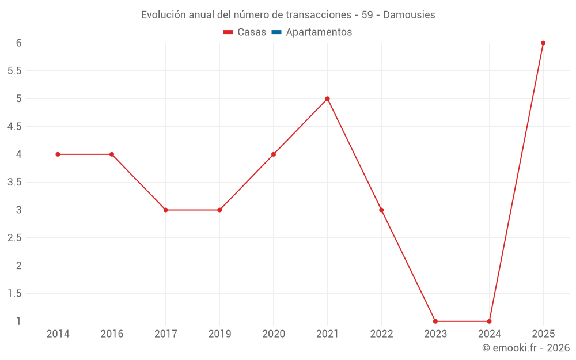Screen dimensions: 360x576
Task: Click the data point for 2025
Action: click(x=543, y=43)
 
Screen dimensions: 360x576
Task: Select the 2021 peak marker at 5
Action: click(x=327, y=98)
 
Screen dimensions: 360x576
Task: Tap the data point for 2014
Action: click(x=58, y=154)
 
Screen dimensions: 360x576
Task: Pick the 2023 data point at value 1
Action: click(x=435, y=321)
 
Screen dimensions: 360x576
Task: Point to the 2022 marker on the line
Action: click(x=381, y=210)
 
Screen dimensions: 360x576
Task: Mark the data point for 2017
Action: click(x=165, y=210)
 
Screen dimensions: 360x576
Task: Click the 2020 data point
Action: click(x=274, y=154)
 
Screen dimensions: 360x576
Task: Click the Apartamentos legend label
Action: click(x=319, y=32)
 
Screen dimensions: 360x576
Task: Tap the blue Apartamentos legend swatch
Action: click(x=276, y=32)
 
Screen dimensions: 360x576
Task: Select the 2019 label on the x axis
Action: click(x=219, y=334)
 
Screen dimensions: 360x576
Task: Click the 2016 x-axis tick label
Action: click(x=112, y=334)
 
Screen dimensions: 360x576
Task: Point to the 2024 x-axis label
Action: click(x=489, y=334)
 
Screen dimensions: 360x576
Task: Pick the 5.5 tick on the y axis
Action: click(x=14, y=71)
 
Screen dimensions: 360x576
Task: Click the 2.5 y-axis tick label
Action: click(x=14, y=238)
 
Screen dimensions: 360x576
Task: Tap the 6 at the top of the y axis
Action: click(x=19, y=43)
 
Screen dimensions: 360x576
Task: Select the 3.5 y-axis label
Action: click(x=14, y=182)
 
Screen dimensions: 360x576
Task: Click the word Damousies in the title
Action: click(x=409, y=14)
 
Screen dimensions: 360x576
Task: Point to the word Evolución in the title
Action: click(x=164, y=14)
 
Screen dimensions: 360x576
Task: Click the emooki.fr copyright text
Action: click(x=526, y=348)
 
